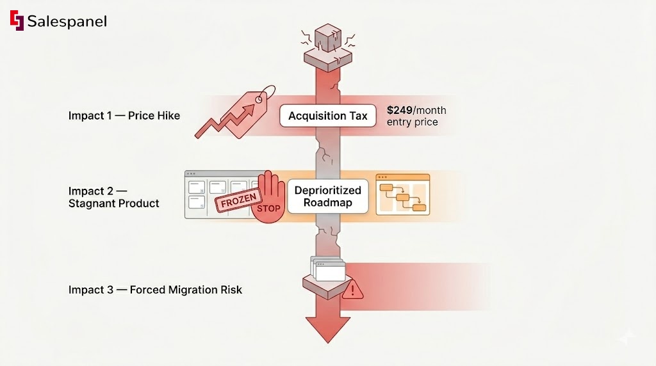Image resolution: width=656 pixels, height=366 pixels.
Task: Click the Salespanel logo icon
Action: tap(17, 20)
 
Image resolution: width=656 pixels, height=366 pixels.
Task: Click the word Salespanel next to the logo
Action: tap(67, 21)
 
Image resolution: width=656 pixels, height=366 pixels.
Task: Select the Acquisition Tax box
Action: tap(327, 116)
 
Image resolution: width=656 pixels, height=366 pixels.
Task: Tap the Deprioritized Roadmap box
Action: tap(327, 196)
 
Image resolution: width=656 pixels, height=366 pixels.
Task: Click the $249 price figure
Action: tap(400, 110)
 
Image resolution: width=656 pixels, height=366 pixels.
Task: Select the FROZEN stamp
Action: tap(238, 202)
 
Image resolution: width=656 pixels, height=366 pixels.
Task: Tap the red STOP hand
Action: tap(267, 199)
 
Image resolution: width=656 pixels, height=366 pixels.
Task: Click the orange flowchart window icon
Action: tap(402, 195)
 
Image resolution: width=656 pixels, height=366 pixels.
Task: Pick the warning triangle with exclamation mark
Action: tap(352, 291)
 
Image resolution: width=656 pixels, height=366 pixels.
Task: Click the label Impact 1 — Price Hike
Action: tap(124, 116)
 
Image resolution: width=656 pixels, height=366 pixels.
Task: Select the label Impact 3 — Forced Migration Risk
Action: tap(155, 290)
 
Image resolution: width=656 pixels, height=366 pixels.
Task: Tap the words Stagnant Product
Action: tap(114, 203)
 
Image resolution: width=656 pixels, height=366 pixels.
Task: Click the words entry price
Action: tap(412, 122)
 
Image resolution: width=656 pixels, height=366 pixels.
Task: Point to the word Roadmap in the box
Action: tap(327, 203)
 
